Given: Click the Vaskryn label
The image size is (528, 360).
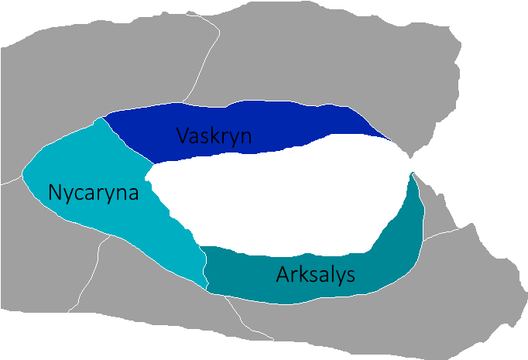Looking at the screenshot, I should click(x=213, y=135).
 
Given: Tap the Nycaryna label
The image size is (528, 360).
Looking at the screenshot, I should click(x=93, y=192).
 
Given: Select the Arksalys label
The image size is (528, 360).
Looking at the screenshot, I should click(x=315, y=274).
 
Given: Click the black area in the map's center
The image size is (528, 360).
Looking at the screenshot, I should click(x=279, y=194).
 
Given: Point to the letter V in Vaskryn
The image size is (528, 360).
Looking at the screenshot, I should click(x=182, y=135).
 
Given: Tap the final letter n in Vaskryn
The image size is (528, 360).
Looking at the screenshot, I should click(x=245, y=136).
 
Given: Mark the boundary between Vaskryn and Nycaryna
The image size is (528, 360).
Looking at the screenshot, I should click(x=128, y=139).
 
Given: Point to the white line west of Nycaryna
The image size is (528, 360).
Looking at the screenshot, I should click(x=11, y=183).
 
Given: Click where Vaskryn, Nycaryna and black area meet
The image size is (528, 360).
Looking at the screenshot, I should click(x=153, y=164).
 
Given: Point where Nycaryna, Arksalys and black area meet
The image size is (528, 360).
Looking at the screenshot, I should click(x=201, y=247).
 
